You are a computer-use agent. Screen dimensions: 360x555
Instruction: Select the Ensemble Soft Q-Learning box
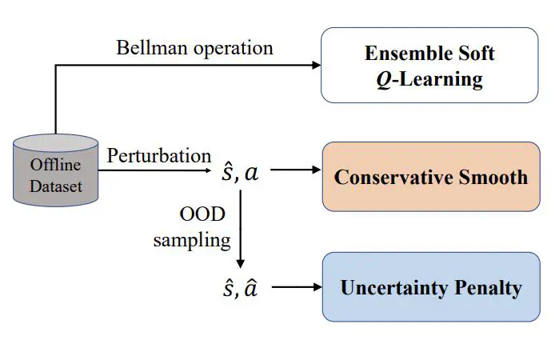pyautogui.click(x=429, y=66)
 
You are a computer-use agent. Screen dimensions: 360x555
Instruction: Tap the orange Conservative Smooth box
pyautogui.click(x=430, y=177)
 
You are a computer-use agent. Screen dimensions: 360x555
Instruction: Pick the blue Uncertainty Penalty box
pyautogui.click(x=430, y=287)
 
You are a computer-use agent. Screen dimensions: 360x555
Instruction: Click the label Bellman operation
pyautogui.click(x=194, y=47)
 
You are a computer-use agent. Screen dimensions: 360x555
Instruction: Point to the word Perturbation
pyautogui.click(x=159, y=155)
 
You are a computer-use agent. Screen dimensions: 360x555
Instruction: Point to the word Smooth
pyautogui.click(x=490, y=177)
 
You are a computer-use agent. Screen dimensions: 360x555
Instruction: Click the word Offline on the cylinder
pyautogui.click(x=56, y=166)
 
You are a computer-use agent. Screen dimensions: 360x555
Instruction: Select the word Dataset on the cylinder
pyautogui.click(x=56, y=187)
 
